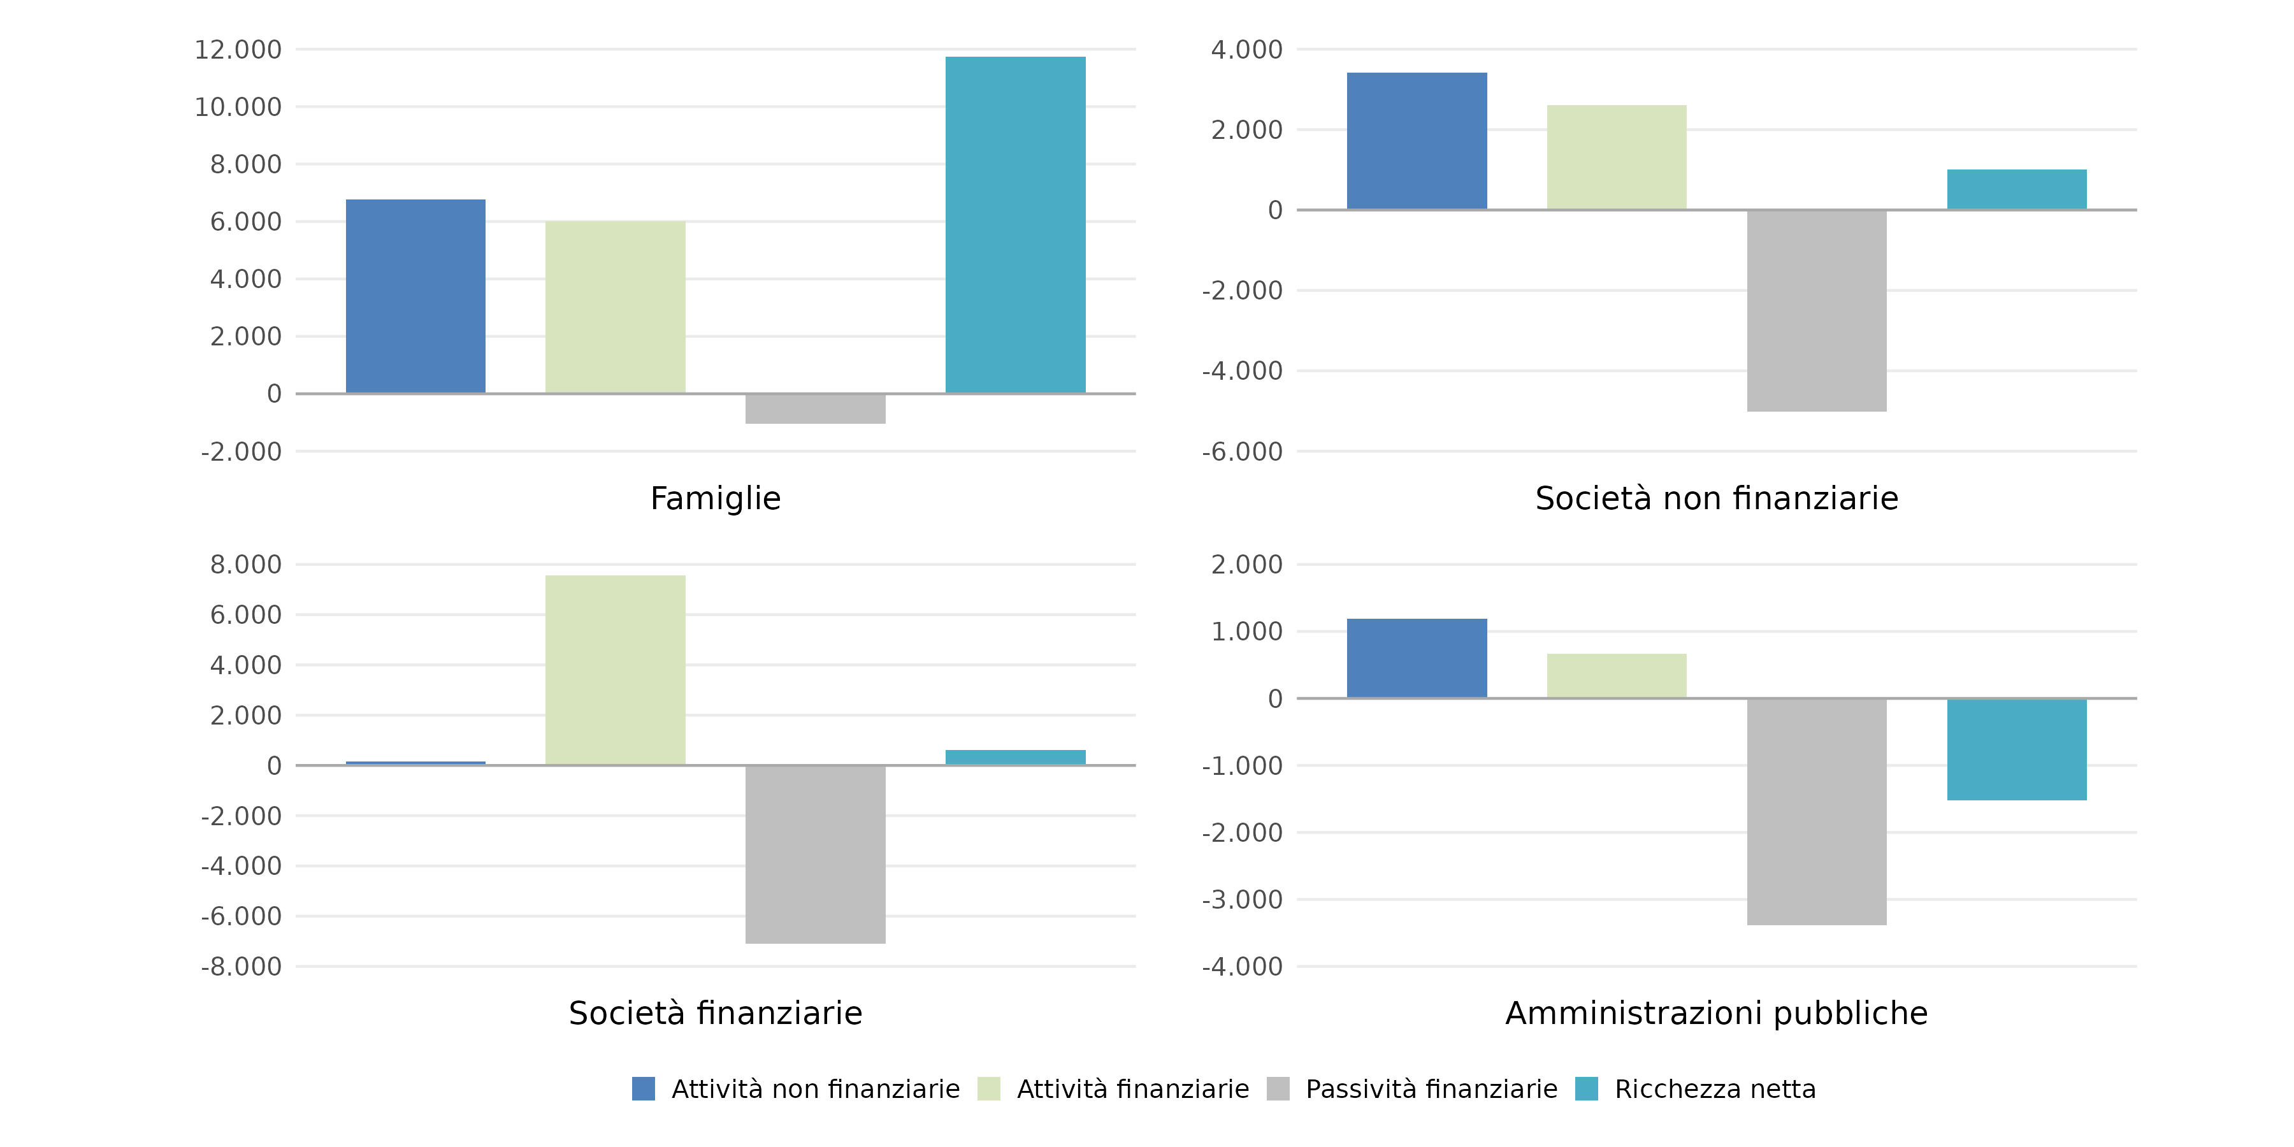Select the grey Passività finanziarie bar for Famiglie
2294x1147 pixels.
click(815, 408)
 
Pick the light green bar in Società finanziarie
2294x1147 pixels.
click(616, 670)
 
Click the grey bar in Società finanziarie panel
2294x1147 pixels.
click(815, 854)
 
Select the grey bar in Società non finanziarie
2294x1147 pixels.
click(1817, 311)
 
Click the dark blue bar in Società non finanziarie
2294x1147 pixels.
click(1417, 141)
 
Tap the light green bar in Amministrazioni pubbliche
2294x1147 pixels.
click(1616, 676)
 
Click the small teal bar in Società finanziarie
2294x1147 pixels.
click(1015, 757)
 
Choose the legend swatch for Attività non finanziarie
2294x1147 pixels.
click(643, 1089)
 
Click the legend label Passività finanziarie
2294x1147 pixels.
click(1431, 1089)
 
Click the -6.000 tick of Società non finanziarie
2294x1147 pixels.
click(1243, 452)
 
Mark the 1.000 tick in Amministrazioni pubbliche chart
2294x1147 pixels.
click(1247, 631)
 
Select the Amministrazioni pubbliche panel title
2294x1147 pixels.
click(1716, 1013)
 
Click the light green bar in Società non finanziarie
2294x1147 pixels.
click(1616, 157)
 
